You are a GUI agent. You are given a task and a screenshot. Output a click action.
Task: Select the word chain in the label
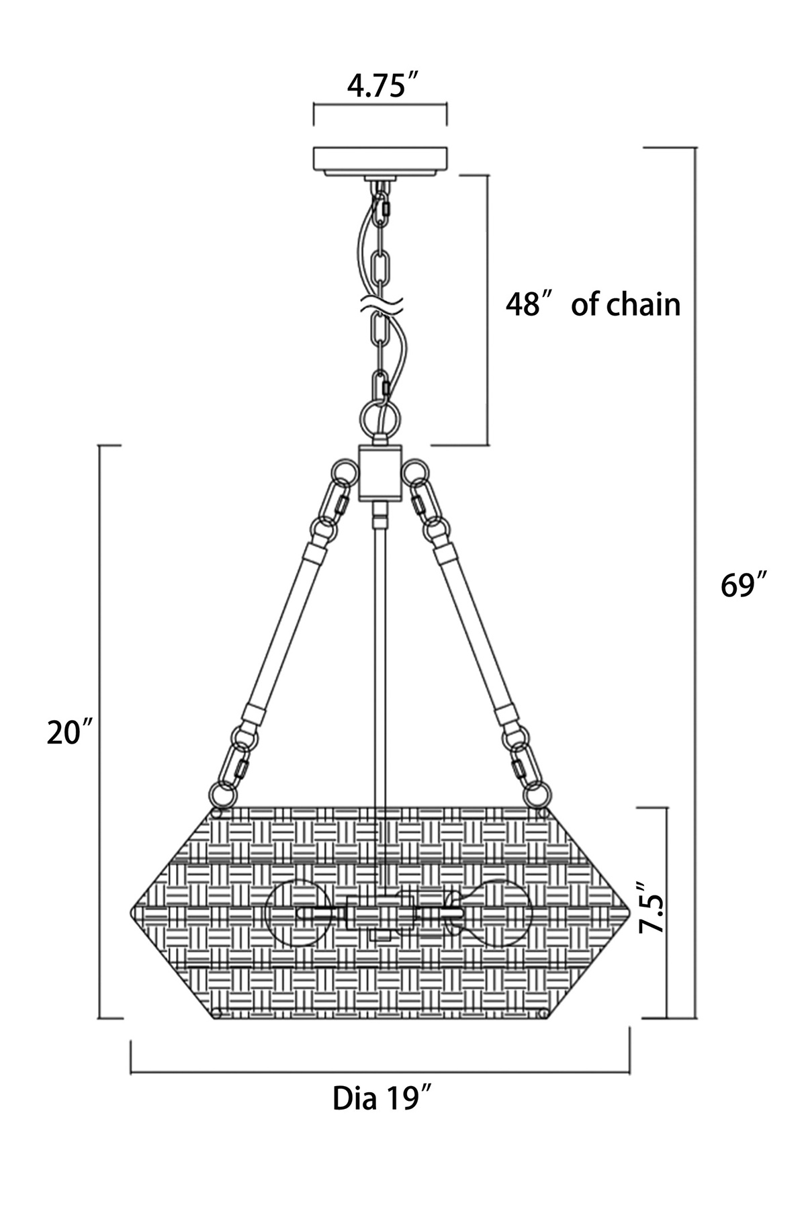644,304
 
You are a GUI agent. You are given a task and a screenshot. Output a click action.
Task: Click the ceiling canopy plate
380,161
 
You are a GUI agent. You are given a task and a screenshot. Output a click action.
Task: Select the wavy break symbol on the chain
380,304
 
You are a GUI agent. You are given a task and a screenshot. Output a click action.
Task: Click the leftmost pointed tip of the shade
130,913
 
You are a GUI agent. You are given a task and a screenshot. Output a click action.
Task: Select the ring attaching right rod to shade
537,795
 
